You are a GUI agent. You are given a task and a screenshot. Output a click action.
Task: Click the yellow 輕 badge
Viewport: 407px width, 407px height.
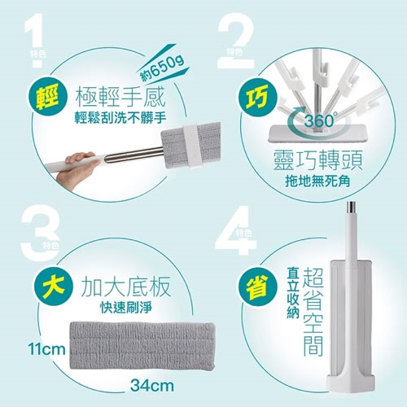(x=47, y=96)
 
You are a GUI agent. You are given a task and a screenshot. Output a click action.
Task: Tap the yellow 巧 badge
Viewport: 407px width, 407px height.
(x=257, y=96)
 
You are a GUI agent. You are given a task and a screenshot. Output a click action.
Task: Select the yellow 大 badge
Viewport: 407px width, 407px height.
(x=53, y=287)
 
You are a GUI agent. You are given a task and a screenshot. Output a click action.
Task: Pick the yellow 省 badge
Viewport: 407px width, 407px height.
(x=257, y=287)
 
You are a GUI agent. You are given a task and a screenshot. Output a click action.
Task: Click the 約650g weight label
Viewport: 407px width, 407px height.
(x=163, y=68)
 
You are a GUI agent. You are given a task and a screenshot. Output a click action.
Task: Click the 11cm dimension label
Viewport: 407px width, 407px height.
(x=46, y=349)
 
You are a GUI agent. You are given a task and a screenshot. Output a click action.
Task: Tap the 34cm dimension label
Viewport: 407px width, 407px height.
(x=152, y=385)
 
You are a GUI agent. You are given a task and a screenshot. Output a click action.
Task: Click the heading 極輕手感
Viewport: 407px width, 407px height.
(x=120, y=98)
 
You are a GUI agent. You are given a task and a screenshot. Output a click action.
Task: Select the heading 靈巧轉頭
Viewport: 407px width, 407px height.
(x=317, y=160)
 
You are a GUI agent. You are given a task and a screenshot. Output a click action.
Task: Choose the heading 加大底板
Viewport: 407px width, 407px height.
(x=126, y=287)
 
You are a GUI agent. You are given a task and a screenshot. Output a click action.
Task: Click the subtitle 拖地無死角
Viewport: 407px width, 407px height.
(x=317, y=182)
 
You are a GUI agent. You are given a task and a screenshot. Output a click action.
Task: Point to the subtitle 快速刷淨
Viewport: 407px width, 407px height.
(x=126, y=308)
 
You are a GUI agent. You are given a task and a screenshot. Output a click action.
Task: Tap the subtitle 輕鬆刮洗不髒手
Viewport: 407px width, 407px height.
(x=120, y=118)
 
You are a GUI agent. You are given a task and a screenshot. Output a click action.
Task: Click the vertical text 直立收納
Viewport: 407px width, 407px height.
(x=293, y=293)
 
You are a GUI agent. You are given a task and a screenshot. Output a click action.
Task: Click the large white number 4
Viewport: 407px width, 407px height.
(x=235, y=231)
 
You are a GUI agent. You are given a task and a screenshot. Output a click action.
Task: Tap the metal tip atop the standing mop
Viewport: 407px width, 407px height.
(x=353, y=207)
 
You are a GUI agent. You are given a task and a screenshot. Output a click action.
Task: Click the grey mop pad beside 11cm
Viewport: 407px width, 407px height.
(x=142, y=346)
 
